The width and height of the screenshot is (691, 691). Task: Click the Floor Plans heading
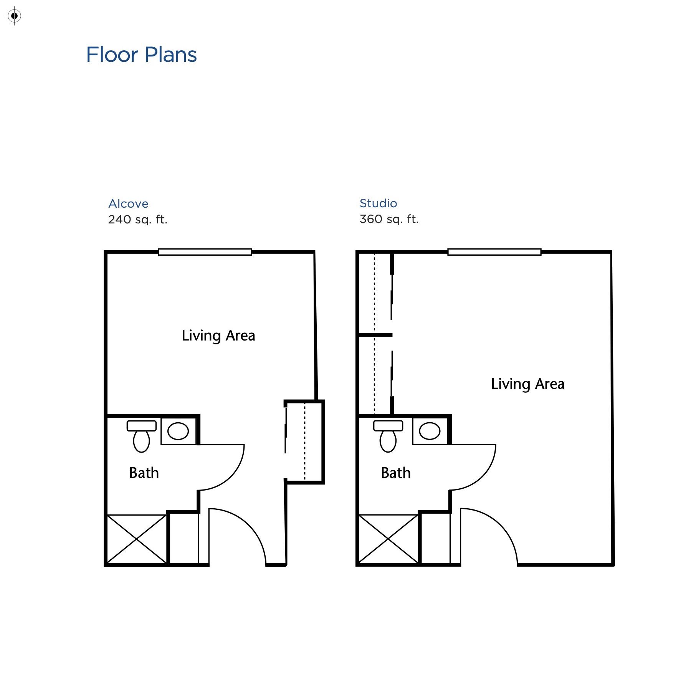[141, 55]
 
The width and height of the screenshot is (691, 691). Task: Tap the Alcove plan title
[128, 203]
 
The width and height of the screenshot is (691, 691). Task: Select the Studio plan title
[378, 203]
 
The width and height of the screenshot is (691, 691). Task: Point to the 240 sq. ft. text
[138, 220]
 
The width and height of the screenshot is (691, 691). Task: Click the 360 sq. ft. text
[389, 219]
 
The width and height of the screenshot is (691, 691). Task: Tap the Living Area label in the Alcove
[218, 336]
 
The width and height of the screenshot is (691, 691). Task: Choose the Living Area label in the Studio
[528, 384]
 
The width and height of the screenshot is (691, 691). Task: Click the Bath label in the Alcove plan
[144, 473]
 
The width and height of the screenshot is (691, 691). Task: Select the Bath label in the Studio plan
[396, 473]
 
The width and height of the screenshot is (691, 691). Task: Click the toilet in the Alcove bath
[142, 436]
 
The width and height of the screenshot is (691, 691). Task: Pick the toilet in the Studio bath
[388, 436]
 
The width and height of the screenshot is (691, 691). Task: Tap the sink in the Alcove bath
[178, 431]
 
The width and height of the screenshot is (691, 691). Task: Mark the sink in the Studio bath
[430, 431]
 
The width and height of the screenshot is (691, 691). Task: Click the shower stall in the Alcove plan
[137, 539]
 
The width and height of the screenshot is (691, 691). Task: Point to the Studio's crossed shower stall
[388, 539]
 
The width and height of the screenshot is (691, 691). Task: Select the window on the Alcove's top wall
[205, 252]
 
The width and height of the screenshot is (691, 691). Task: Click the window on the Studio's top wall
[494, 252]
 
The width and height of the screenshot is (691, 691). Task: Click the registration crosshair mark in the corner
[15, 16]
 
